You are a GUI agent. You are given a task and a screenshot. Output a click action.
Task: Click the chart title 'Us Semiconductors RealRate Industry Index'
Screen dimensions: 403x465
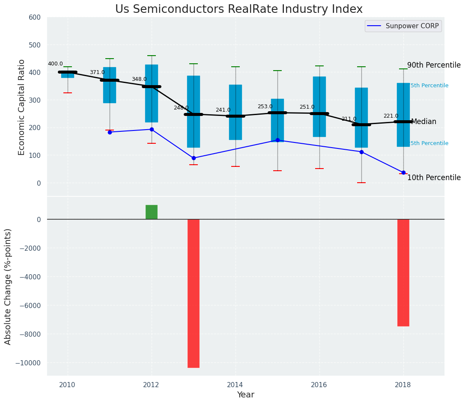(238, 9)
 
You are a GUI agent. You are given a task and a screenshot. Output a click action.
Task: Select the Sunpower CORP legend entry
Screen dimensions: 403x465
(403, 26)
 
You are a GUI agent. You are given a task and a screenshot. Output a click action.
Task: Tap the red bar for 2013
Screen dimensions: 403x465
(194, 293)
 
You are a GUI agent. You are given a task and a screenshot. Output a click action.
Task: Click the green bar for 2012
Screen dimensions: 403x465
(152, 212)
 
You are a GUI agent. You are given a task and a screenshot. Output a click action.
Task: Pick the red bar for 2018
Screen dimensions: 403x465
(403, 273)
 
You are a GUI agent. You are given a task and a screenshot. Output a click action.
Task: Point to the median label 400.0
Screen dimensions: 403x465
(55, 64)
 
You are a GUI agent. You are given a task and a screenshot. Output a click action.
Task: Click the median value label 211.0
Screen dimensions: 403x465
(349, 119)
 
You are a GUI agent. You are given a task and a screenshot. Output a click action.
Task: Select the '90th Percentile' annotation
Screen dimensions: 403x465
(434, 65)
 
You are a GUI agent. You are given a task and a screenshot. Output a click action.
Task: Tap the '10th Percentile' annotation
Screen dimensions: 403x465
(434, 178)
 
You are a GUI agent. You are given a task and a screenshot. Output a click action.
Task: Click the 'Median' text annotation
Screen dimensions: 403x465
(423, 122)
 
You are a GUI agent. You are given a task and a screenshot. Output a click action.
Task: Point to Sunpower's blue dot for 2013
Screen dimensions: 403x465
(194, 158)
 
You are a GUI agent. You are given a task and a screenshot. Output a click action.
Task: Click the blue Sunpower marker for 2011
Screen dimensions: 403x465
(110, 132)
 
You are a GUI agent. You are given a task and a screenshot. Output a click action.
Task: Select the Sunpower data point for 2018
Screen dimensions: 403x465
(403, 172)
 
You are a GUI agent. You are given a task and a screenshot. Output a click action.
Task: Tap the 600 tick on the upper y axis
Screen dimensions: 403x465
(35, 18)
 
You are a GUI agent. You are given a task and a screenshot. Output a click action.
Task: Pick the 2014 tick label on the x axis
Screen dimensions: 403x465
(235, 385)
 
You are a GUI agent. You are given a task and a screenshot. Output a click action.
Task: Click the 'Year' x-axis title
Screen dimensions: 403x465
(246, 395)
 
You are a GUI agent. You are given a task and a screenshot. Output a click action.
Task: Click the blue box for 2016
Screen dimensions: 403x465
(319, 107)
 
